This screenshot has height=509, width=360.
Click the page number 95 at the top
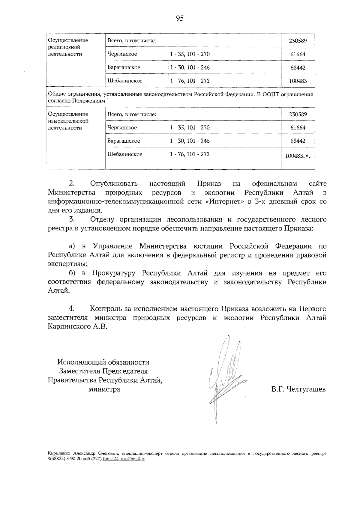[x=180, y=18]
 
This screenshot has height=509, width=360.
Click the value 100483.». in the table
[x=297, y=156]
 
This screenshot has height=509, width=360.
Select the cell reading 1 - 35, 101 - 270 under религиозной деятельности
[x=190, y=54]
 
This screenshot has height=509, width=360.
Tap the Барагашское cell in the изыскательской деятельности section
[x=124, y=141]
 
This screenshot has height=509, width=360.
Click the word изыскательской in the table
[x=68, y=121]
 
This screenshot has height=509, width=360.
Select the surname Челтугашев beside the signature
[x=306, y=389]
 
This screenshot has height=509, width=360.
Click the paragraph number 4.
[x=71, y=309]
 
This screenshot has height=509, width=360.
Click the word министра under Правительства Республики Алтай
[x=104, y=389]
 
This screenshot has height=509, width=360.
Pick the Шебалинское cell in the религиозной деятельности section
[x=125, y=81]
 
